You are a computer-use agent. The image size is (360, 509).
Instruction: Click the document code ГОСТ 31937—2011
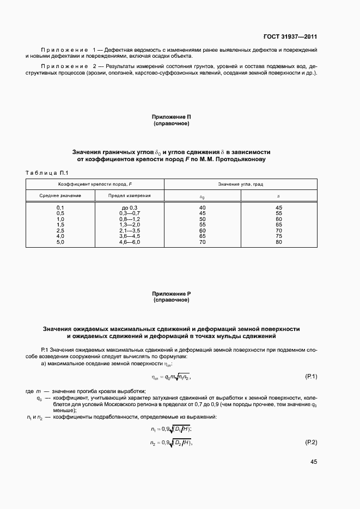coord(290,37)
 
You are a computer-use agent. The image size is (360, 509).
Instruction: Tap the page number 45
coord(313,462)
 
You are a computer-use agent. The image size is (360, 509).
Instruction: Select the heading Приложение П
coord(172,116)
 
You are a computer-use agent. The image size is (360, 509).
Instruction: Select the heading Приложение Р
coord(172,293)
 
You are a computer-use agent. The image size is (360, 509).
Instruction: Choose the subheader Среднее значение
coord(60,195)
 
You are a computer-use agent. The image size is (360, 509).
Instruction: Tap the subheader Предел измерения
coord(130,195)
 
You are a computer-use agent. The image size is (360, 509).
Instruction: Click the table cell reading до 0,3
coord(130,208)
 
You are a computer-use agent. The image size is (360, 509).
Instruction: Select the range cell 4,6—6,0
coord(130,242)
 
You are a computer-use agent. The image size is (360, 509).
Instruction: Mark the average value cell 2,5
coord(60,230)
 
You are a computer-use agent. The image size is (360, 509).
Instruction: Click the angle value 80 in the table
coord(279,242)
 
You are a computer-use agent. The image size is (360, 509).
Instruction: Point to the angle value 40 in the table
coord(203,208)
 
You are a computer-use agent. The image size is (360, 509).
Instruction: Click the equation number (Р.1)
coord(310,377)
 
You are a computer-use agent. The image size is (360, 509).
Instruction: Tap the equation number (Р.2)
coord(310,442)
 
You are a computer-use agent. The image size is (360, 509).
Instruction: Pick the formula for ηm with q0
coord(170,377)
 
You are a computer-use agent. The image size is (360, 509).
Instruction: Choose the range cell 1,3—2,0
coord(130,225)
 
